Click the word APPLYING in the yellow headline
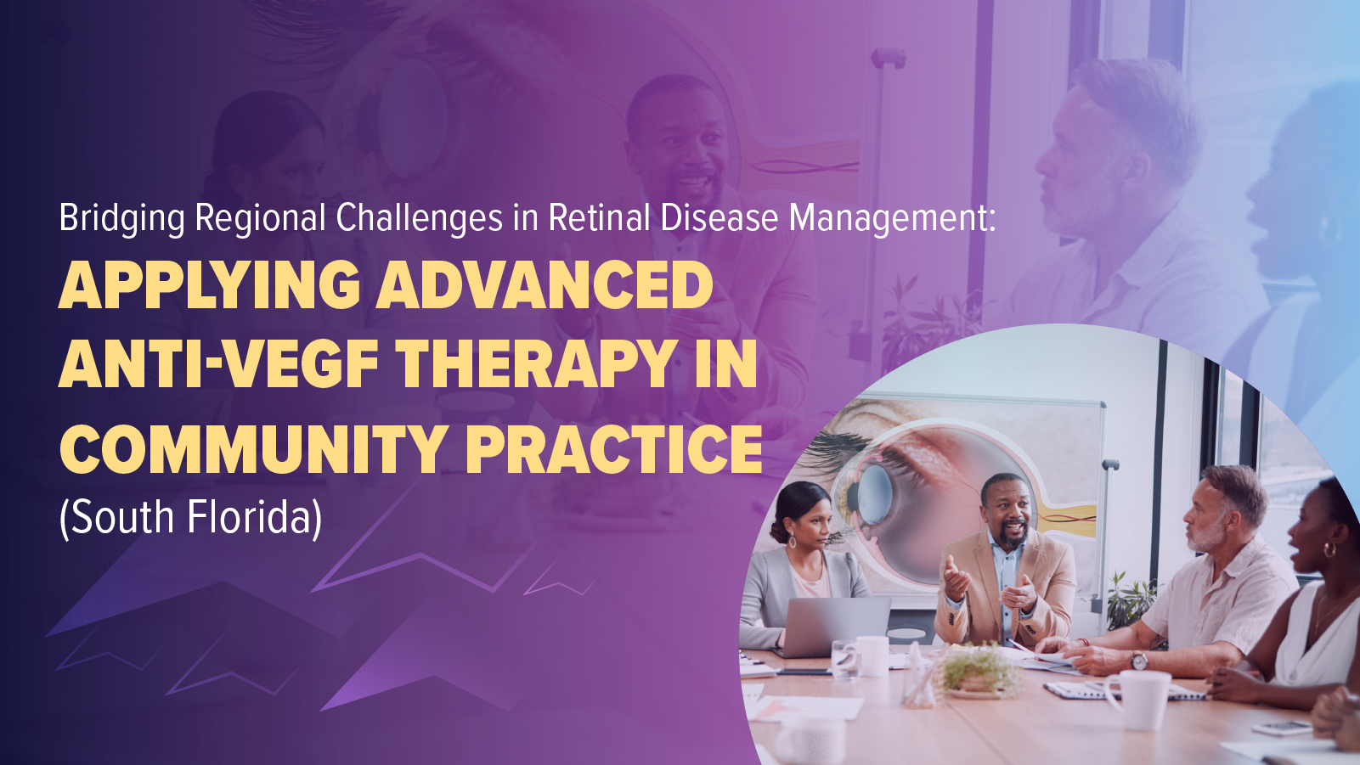(209, 285)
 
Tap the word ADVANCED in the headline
(545, 285)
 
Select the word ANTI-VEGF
(218, 364)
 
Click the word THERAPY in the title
(536, 364)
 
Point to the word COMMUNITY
(253, 449)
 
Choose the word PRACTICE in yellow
(613, 449)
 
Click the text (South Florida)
(190, 517)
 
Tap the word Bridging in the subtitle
(121, 218)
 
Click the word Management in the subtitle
(892, 218)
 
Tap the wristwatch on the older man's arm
(1139, 660)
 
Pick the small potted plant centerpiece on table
(979, 671)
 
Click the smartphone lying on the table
(1282, 728)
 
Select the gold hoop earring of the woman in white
(1330, 550)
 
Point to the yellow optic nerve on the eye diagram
(1072, 515)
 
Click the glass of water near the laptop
(844, 659)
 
